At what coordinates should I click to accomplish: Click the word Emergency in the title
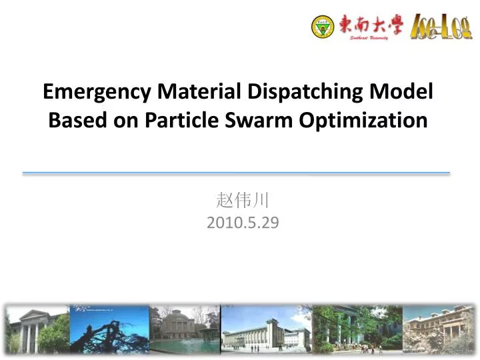(98, 91)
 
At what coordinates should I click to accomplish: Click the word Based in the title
(73, 121)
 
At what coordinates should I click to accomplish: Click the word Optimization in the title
(363, 121)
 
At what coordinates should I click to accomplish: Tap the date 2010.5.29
(243, 223)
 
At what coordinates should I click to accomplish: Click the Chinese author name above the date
(242, 200)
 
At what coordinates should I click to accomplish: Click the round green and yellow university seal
(323, 27)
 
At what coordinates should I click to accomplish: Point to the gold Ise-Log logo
(441, 27)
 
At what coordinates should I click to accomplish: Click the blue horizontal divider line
(237, 173)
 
